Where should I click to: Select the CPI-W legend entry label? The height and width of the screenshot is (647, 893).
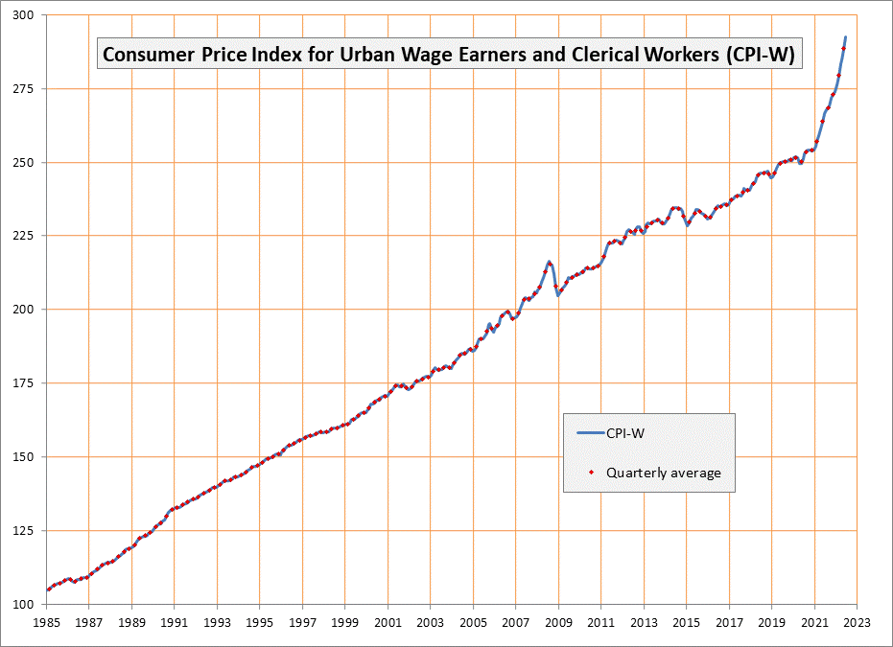click(x=624, y=434)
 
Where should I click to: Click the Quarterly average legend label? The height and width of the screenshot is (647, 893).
click(x=663, y=473)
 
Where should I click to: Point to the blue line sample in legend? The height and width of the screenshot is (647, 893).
click(x=589, y=434)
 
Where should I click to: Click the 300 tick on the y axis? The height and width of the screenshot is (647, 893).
click(x=23, y=15)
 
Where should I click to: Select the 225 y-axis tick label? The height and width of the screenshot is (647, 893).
click(x=23, y=236)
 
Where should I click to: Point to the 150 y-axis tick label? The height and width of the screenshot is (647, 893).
click(x=23, y=457)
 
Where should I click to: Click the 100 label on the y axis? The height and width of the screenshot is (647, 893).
click(x=23, y=604)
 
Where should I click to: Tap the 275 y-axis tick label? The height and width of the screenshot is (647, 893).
click(x=23, y=89)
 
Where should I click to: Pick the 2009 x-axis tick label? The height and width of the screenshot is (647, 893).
click(x=558, y=622)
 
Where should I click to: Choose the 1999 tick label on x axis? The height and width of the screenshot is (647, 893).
click(x=345, y=622)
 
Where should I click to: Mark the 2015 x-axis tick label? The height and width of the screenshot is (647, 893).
click(x=686, y=622)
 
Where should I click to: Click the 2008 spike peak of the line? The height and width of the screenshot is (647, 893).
click(x=550, y=261)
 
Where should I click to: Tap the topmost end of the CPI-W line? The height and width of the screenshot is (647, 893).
click(x=845, y=37)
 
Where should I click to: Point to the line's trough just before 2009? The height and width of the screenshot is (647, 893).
click(x=558, y=295)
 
